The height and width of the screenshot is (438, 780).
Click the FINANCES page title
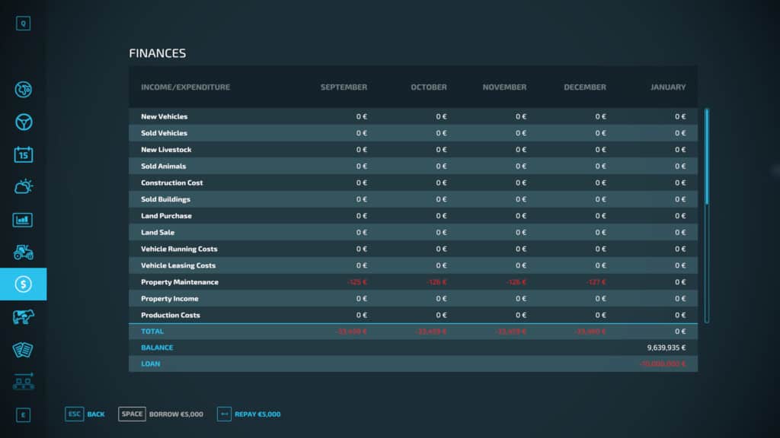[158, 53]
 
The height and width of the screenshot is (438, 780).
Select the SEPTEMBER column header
[344, 87]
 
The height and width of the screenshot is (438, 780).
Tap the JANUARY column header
[667, 87]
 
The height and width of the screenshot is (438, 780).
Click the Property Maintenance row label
[180, 282]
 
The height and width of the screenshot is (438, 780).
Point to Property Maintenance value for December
[596, 282]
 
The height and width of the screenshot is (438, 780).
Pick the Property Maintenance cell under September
[356, 282]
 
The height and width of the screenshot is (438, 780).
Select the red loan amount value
[662, 364]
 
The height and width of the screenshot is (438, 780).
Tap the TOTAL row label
[152, 332]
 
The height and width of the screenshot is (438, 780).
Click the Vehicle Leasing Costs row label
[178, 265]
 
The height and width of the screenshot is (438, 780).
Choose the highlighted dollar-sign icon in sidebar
[24, 284]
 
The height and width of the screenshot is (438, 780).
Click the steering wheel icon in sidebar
[24, 122]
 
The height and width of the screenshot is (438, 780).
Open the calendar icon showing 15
[24, 154]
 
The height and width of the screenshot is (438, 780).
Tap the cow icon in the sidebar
[24, 316]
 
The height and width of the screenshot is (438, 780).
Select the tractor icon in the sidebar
[24, 252]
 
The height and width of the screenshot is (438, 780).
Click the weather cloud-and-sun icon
[24, 186]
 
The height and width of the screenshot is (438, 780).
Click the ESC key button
[74, 414]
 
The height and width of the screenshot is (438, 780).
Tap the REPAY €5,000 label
[257, 414]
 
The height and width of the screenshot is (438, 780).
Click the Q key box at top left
[24, 24]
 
